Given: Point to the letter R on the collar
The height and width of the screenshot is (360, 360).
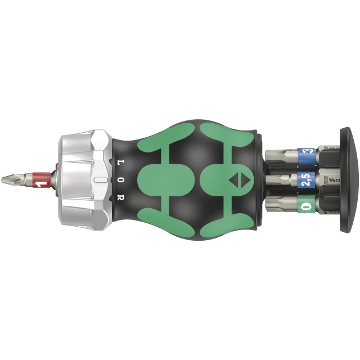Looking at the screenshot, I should pos(120,198).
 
